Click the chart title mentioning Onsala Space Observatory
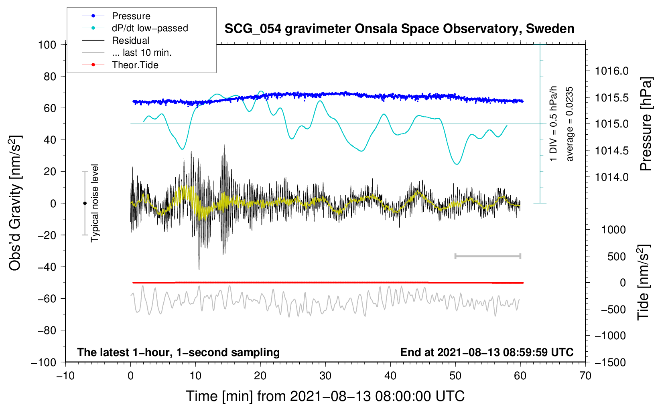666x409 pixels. click(x=399, y=29)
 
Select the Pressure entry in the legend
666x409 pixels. click(x=131, y=16)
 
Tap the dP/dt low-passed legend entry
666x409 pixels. click(x=150, y=28)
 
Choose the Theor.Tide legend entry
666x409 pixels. click(x=135, y=65)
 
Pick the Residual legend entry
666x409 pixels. click(x=130, y=40)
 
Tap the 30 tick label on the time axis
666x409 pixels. click(x=325, y=376)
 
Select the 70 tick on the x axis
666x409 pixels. click(x=585, y=376)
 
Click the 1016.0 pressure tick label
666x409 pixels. click(x=611, y=71)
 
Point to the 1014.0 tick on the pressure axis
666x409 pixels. click(x=611, y=177)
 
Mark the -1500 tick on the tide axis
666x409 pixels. click(x=610, y=362)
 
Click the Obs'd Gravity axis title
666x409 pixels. click(x=15, y=203)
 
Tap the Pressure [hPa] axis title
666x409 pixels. click(x=646, y=124)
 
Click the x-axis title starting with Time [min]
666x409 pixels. click(x=325, y=396)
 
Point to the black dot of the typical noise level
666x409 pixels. click(x=85, y=203)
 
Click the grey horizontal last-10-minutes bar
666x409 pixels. click(x=487, y=256)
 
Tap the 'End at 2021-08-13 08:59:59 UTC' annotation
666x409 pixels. click(x=487, y=352)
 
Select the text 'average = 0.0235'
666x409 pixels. click(x=570, y=124)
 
